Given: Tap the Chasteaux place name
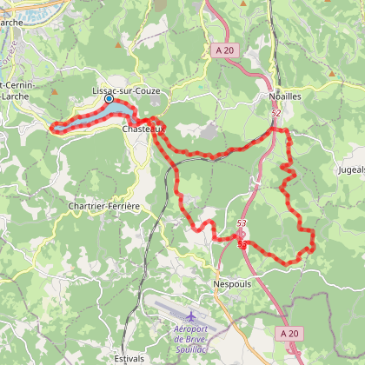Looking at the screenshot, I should (x=139, y=129).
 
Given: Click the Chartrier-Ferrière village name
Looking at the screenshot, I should (x=104, y=205).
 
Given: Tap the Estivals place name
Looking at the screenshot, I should (x=129, y=357).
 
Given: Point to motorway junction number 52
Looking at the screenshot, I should (x=275, y=113).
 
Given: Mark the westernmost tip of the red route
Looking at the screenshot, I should (x=52, y=129).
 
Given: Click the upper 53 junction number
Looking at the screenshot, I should (x=241, y=224).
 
